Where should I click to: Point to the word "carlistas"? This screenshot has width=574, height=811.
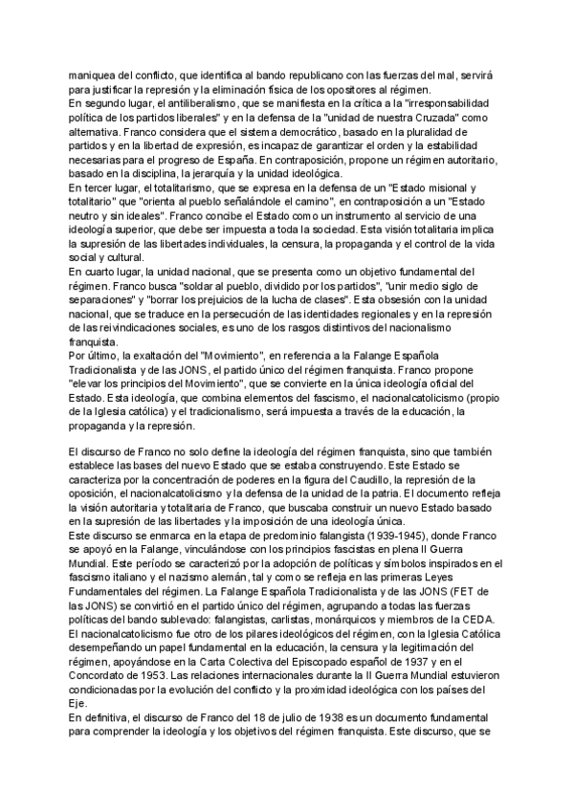click(x=304, y=618)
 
